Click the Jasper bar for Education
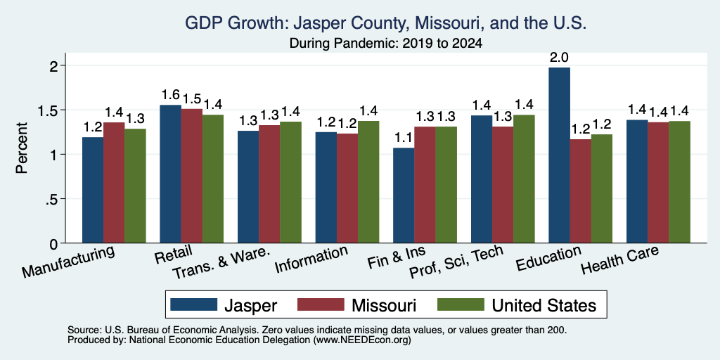[x=559, y=155]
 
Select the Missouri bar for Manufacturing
[x=114, y=183]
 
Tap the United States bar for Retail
[x=213, y=179]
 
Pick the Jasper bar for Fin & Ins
[x=404, y=195]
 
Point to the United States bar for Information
[x=368, y=182]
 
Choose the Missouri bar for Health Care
[x=658, y=182]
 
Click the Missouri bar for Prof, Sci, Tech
[x=503, y=185]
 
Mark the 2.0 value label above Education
[x=559, y=58]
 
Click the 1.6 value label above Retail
[x=170, y=95]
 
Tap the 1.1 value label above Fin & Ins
[x=404, y=138]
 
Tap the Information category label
[x=311, y=259]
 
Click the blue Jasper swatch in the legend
[x=194, y=304]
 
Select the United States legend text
[x=544, y=305]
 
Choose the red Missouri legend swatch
[x=321, y=304]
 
